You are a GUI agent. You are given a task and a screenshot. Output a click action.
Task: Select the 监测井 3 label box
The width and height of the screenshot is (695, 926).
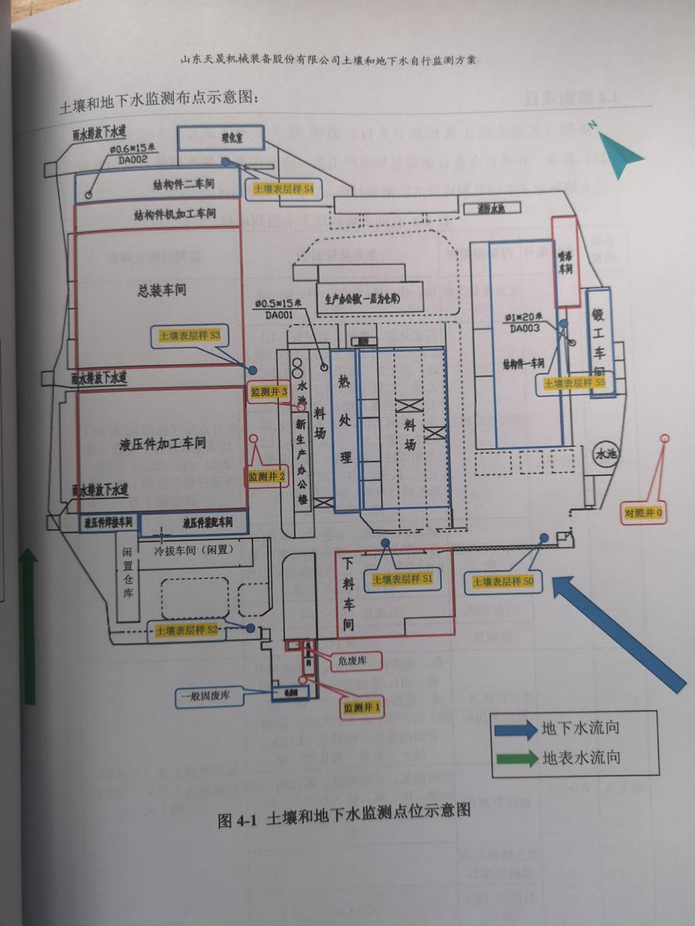point(269,392)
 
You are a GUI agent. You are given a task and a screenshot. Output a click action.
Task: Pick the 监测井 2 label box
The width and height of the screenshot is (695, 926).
point(267,477)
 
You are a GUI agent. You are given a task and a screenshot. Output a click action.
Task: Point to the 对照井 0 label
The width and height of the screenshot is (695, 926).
point(644,512)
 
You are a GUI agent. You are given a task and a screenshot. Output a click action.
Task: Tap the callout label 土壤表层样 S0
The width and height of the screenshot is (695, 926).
point(501,581)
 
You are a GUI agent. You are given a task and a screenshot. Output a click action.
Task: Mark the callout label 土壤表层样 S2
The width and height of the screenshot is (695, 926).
point(188,630)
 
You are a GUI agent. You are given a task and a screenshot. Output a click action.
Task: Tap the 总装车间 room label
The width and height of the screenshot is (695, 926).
point(162,290)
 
